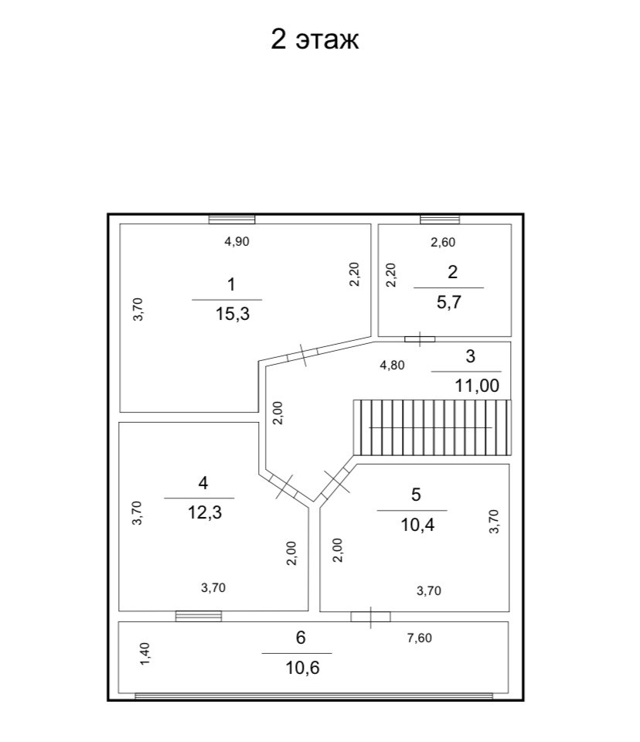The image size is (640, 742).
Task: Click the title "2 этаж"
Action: [x=315, y=39]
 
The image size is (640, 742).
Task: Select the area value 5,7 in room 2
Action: [x=448, y=302]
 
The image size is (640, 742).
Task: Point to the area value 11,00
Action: [x=477, y=386]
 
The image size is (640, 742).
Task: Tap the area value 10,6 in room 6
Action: [x=301, y=667]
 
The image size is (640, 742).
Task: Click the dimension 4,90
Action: [x=237, y=241]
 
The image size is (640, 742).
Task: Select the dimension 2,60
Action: [x=443, y=242]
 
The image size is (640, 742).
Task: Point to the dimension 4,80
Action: [x=392, y=365]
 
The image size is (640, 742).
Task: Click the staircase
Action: [x=432, y=427]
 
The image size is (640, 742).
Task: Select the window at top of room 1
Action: [x=232, y=220]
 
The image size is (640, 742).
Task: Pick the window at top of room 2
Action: [x=440, y=220]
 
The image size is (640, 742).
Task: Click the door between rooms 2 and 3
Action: [x=420, y=339]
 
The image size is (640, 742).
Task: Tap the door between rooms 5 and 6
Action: [x=370, y=616]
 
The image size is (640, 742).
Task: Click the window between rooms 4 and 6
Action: [x=199, y=616]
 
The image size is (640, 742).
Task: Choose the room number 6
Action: [x=301, y=638]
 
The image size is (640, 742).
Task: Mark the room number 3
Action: [x=470, y=357]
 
